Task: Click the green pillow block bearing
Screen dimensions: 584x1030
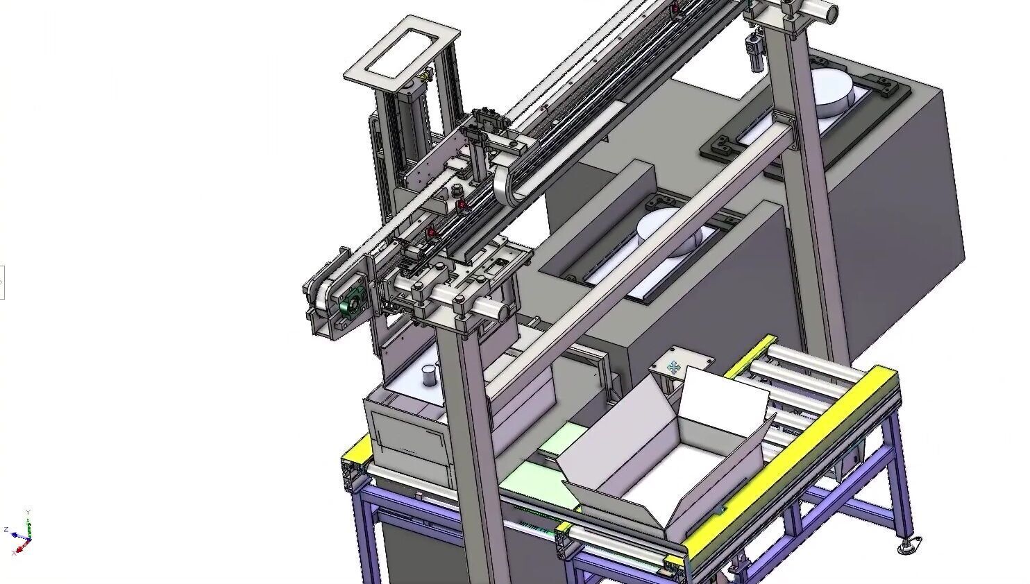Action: (352, 303)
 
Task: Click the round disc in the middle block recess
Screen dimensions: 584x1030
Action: (668, 231)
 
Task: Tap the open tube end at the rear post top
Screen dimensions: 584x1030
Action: (830, 11)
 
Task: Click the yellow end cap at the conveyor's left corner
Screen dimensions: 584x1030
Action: (356, 452)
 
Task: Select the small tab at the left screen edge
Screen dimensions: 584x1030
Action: (2, 282)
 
